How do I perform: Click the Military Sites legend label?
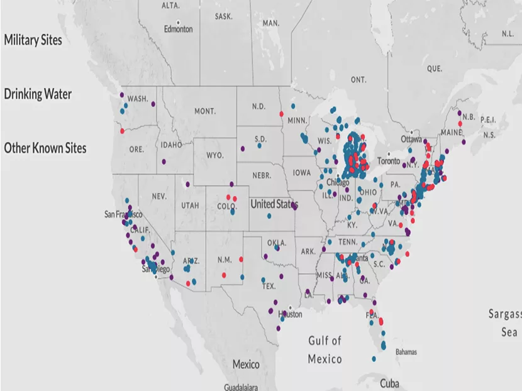(33, 40)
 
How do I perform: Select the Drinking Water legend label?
(38, 94)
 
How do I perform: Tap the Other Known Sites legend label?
(45, 148)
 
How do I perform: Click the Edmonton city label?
(179, 30)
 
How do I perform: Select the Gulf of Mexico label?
(325, 350)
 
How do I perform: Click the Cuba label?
(390, 383)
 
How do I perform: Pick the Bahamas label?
(406, 352)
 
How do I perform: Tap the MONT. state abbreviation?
(205, 111)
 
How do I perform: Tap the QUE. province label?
(434, 68)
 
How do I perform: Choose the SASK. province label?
(223, 16)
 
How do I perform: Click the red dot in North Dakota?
(280, 114)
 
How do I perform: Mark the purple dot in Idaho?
(164, 162)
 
